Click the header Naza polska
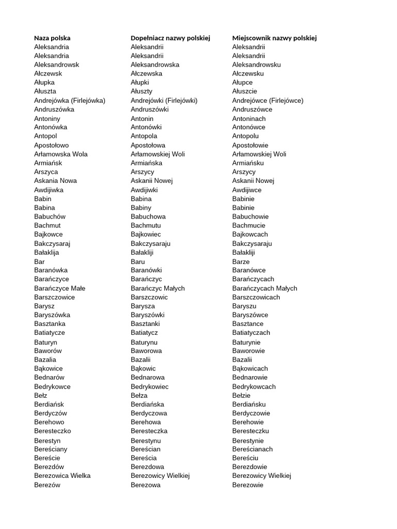(52, 38)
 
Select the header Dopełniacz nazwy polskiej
(171, 38)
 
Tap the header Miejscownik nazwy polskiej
(274, 38)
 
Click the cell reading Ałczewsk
(49, 73)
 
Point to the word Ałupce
(242, 82)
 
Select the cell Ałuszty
(142, 91)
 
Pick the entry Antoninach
(249, 118)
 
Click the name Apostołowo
(51, 145)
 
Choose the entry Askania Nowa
(55, 180)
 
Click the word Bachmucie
(249, 225)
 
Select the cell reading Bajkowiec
(146, 234)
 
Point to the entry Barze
(241, 261)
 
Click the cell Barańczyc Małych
(158, 288)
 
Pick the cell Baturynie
(247, 342)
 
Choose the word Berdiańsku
(249, 404)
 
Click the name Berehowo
(49, 422)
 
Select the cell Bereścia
(144, 458)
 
